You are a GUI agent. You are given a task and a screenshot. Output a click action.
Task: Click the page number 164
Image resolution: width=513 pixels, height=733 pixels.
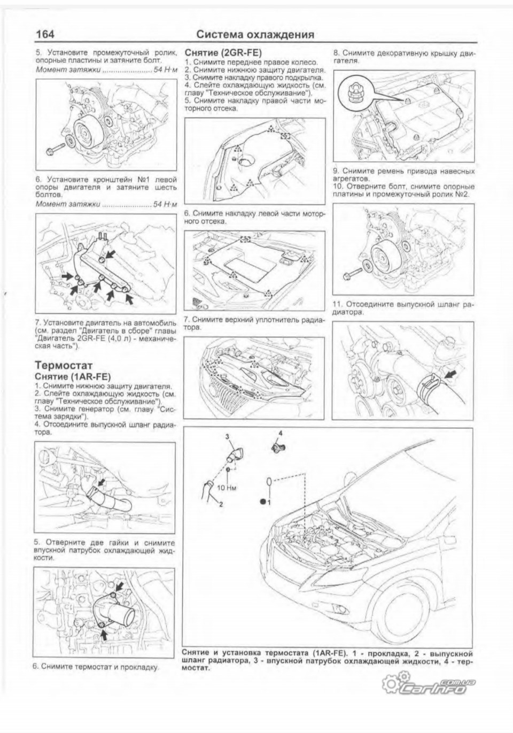pos(45,34)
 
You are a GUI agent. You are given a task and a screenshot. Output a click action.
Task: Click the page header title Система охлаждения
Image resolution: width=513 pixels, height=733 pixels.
pos(255,35)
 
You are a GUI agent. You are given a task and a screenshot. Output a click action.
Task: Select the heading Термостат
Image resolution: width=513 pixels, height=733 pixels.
pos(64,366)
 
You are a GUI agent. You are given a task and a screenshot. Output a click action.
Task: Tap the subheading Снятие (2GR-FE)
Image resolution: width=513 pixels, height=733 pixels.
pos(215,53)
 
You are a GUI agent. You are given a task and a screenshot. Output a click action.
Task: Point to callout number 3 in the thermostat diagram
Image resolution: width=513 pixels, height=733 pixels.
pos(227,437)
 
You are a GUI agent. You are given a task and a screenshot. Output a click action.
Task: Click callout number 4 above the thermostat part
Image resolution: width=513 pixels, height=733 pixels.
pos(279,432)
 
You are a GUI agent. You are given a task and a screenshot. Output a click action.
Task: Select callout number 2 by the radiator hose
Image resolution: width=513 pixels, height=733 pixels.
pos(220,503)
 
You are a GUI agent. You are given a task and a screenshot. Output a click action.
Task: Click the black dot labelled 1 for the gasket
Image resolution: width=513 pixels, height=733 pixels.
pos(263,501)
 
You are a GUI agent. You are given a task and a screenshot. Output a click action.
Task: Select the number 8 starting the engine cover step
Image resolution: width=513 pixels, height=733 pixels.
pos(336,53)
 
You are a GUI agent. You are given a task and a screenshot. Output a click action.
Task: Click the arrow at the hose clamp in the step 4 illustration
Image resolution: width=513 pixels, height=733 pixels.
pos(101,483)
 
